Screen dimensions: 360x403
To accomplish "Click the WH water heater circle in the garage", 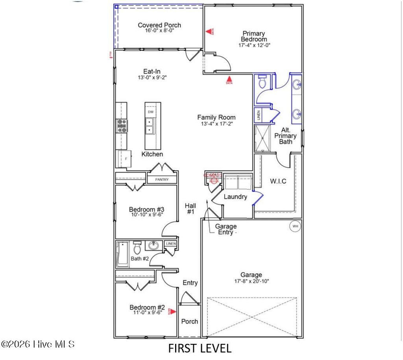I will tap(295, 226).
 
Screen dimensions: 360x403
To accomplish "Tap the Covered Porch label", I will tap(159, 25).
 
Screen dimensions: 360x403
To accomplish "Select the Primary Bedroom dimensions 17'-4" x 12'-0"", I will tap(254, 45).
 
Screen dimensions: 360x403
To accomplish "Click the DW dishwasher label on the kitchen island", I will tap(150, 112).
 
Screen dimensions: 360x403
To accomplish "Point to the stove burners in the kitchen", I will tap(122, 125).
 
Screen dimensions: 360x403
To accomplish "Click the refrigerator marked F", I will tap(124, 158).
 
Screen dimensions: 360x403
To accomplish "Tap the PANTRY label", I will tap(161, 180).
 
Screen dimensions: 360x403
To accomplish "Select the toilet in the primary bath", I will tap(263, 82).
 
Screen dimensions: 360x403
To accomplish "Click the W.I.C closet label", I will tap(278, 181).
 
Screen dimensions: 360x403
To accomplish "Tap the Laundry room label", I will tap(235, 197).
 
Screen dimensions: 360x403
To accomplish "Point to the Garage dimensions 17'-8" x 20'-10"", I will tap(251, 281).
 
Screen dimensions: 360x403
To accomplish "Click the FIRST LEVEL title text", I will tap(200, 348).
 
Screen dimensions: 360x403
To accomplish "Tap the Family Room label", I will tap(216, 117).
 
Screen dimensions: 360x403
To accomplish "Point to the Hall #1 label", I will tap(191, 208).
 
